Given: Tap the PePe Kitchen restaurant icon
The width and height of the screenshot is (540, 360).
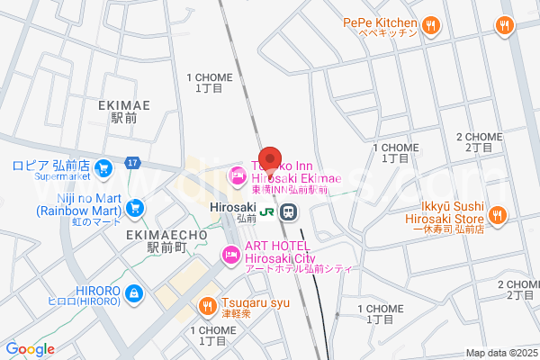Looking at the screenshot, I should pos(432,24).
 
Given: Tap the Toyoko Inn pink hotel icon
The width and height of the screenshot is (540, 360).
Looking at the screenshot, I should pos(237,175).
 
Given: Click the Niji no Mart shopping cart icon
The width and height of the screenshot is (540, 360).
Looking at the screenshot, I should pos(135,207).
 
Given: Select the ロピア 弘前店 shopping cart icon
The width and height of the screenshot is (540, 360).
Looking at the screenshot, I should pos(103,166).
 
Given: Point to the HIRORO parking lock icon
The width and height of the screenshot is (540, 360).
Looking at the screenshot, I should pos(133,292).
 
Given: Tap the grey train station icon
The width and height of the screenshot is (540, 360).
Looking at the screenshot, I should pos(289,212).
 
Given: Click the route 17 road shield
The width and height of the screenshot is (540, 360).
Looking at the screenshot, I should pos(132,162).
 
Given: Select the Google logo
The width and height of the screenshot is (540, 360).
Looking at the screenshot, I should pos(30,349).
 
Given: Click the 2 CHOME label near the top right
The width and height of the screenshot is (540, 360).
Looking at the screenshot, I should pos(480,137).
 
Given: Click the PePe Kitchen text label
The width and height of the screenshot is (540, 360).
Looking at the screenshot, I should pos(381,23).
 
